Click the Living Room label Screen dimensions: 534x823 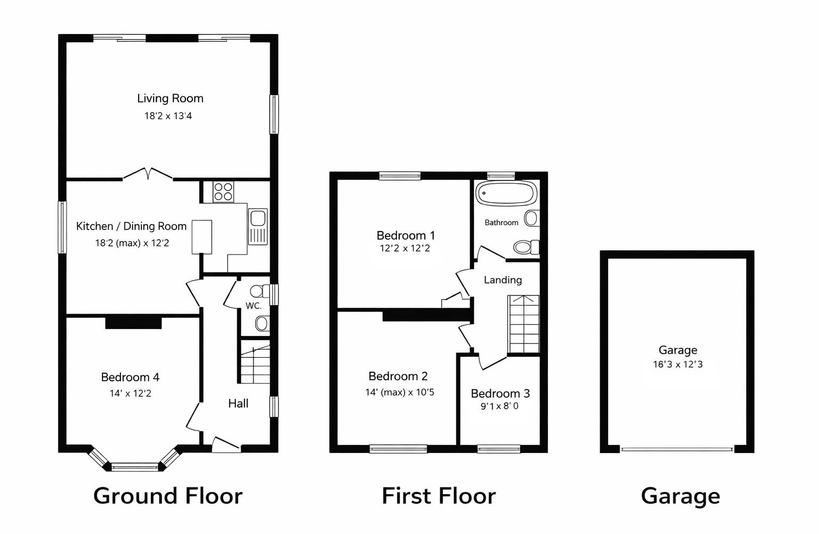[x=170, y=98]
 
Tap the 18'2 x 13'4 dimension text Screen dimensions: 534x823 [x=168, y=116]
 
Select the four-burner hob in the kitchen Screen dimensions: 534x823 [x=223, y=192]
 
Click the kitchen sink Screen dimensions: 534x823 [x=257, y=226]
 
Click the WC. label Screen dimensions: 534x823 [x=253, y=306]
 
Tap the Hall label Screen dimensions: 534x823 [x=238, y=404]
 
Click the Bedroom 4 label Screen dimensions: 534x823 [x=130, y=377]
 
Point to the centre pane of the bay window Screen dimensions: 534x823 [x=135, y=467]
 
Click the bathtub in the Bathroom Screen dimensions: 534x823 [x=506, y=193]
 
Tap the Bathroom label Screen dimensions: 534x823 [x=501, y=223]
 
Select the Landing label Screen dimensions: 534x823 [x=503, y=280]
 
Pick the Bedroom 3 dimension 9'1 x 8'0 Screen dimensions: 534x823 [x=499, y=406]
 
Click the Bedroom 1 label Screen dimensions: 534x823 [x=406, y=235]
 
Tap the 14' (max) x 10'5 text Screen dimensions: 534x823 [x=399, y=393]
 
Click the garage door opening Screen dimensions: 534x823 [x=677, y=449]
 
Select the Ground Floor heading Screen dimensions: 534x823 [x=167, y=496]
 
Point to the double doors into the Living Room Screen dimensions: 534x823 [x=148, y=175]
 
